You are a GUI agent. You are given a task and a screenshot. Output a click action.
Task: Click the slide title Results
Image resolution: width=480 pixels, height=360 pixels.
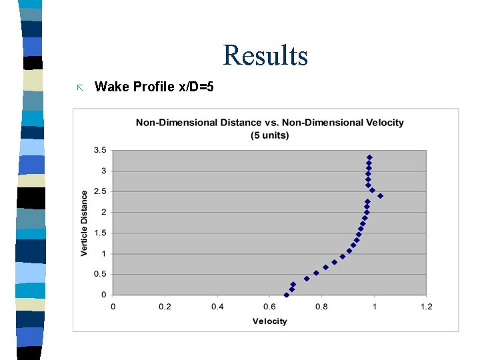265,55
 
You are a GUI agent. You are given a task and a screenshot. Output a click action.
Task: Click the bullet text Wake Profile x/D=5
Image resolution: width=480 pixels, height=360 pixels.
154,86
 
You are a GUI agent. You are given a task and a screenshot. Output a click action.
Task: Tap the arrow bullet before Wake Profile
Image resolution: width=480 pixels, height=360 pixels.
79,87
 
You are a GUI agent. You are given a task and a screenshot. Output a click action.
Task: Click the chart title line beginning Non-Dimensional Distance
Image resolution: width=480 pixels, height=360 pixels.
269,123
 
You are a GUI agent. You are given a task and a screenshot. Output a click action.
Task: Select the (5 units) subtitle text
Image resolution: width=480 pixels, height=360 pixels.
269,135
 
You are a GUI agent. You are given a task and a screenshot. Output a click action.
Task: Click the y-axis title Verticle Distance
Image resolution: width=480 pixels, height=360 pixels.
85,223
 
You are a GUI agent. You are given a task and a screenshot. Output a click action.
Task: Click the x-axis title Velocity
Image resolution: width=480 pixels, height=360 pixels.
269,321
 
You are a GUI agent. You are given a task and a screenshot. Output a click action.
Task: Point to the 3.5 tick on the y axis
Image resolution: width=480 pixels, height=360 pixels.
99,151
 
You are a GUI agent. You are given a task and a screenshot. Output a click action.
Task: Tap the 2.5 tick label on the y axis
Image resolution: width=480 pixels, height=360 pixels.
99,192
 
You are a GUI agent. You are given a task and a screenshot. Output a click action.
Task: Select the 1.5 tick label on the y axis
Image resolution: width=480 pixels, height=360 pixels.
99,233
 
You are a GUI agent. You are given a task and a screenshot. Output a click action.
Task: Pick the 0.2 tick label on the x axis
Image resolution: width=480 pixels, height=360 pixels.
165,307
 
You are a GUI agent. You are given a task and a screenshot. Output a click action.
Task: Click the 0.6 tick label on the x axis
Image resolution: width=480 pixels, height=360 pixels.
269,307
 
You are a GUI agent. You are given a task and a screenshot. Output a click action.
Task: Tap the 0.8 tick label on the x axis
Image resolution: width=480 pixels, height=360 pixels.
321,307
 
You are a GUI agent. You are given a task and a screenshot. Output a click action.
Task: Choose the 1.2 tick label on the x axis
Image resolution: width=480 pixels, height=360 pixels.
426,307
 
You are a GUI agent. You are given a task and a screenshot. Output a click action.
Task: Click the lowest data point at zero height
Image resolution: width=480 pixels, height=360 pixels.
287,295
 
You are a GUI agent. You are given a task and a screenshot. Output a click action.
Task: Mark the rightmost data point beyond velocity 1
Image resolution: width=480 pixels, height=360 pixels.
380,196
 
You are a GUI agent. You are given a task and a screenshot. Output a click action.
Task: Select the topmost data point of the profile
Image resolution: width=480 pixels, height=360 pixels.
369,157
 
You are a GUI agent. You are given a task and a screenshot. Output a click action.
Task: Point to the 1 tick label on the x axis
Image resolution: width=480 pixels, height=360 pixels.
374,307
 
